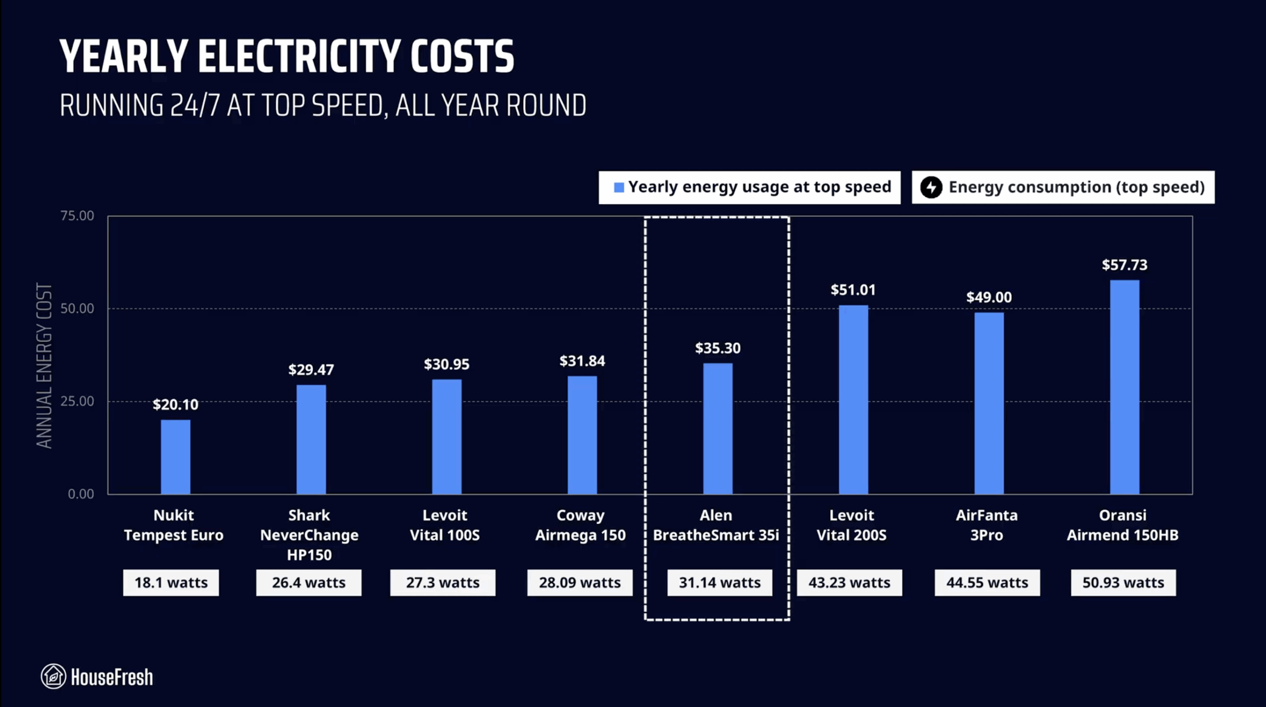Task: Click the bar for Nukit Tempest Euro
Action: coord(175,457)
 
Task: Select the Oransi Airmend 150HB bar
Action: coord(1124,387)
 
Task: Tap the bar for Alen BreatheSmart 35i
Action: coord(718,428)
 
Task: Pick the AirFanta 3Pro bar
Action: coord(989,403)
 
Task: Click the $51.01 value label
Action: coord(853,290)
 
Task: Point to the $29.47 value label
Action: coord(311,370)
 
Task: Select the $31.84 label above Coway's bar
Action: coord(582,361)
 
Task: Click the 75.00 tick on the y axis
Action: coord(77,216)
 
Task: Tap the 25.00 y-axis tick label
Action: coord(77,401)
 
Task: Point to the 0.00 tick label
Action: coord(81,494)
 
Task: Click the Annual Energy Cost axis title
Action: coord(44,366)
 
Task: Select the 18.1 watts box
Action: coord(171,582)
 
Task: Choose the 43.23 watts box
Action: coord(849,582)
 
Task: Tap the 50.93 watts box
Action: coord(1123,582)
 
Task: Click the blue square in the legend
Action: coord(619,188)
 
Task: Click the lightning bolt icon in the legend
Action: coord(931,188)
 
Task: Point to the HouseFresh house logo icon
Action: coord(53,676)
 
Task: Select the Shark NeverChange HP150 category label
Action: coord(309,535)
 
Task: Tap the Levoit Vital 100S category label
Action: coord(445,525)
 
